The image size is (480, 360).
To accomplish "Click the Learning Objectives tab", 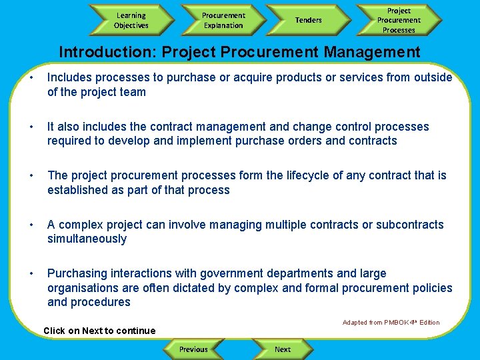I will pyautogui.click(x=131, y=20).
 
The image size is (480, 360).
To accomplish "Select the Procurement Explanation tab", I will pyautogui.click(x=223, y=20).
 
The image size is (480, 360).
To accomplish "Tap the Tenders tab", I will pyautogui.click(x=308, y=20).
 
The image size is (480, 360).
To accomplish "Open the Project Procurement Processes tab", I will pyautogui.click(x=399, y=20).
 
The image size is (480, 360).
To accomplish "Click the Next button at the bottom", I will pyautogui.click(x=283, y=349).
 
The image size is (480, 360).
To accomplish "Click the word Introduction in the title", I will pyautogui.click(x=97, y=52).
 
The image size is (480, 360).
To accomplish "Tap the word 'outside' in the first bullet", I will pyautogui.click(x=433, y=77).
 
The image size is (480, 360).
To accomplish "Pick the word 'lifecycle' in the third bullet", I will pyautogui.click(x=310, y=175).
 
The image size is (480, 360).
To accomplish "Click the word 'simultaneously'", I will pyautogui.click(x=87, y=239).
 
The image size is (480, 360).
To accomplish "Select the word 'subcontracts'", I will pyautogui.click(x=410, y=225).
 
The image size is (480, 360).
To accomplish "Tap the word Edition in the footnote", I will pyautogui.click(x=429, y=323).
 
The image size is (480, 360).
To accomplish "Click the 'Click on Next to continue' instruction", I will pyautogui.click(x=99, y=331).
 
